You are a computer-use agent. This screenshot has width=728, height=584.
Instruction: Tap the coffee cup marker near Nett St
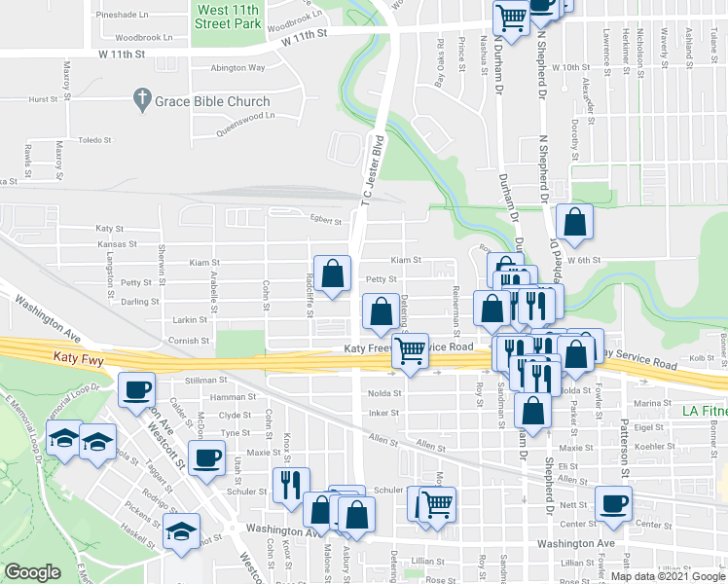[614, 502]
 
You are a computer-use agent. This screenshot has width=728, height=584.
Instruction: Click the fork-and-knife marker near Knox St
[291, 485]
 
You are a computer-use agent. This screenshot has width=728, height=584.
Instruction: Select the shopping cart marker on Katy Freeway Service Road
[411, 350]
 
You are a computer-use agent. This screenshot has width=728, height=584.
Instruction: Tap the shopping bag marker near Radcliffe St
[333, 273]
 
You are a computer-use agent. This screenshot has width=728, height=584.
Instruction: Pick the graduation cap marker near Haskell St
[181, 530]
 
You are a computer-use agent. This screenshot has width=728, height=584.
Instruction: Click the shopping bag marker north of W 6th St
[575, 221]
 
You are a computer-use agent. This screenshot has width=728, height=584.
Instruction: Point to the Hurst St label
[44, 99]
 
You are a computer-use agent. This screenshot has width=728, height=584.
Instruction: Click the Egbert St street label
[325, 221]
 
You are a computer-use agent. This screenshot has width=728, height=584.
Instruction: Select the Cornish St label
[191, 341]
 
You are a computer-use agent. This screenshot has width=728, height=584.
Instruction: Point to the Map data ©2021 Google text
[667, 577]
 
